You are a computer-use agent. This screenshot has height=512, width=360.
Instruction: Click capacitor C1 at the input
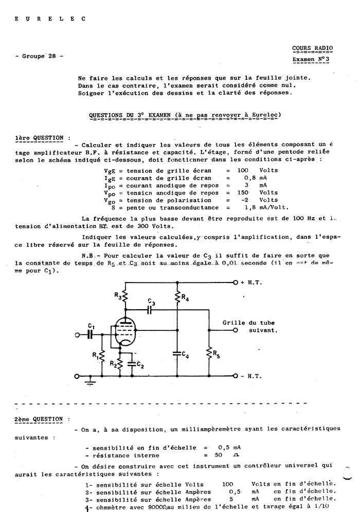coord(91,335)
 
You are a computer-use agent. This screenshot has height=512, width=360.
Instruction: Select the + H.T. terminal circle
coord(235,282)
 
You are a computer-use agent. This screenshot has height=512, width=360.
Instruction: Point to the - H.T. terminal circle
coord(235,376)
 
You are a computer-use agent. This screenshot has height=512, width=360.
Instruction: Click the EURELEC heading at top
coord(50,19)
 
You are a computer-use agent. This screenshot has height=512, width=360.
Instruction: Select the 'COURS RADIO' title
coord(312,48)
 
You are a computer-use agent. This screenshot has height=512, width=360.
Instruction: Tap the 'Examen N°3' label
coord(312,60)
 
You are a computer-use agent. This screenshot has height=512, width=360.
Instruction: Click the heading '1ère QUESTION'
coord(39,138)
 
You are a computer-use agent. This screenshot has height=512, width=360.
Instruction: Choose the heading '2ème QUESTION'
coord(39,419)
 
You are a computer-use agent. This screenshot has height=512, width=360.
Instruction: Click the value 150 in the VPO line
coord(243,192)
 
